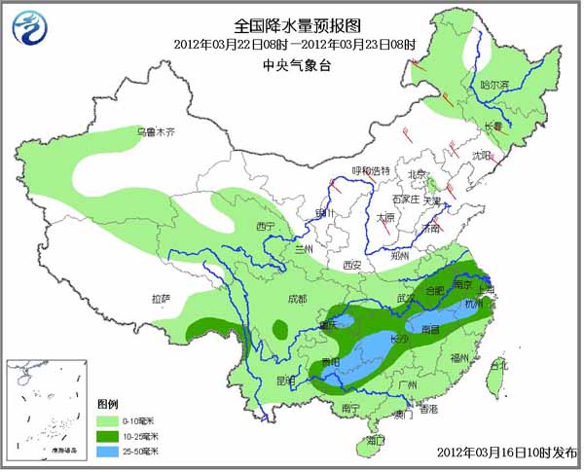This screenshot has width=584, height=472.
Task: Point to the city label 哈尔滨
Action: pyautogui.click(x=494, y=85)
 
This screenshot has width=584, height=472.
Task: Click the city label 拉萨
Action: pyautogui.click(x=162, y=298)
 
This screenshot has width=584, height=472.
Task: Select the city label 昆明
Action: pyautogui.click(x=284, y=380)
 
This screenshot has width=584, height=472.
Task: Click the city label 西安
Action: pyautogui.click(x=352, y=265)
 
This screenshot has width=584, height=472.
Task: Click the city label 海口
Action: pyautogui.click(x=375, y=441)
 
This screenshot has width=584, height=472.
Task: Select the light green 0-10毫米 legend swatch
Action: pyautogui.click(x=108, y=418)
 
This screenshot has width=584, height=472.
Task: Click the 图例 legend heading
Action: pyautogui.click(x=107, y=403)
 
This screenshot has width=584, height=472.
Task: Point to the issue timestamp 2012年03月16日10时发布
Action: pyautogui.click(x=506, y=454)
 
